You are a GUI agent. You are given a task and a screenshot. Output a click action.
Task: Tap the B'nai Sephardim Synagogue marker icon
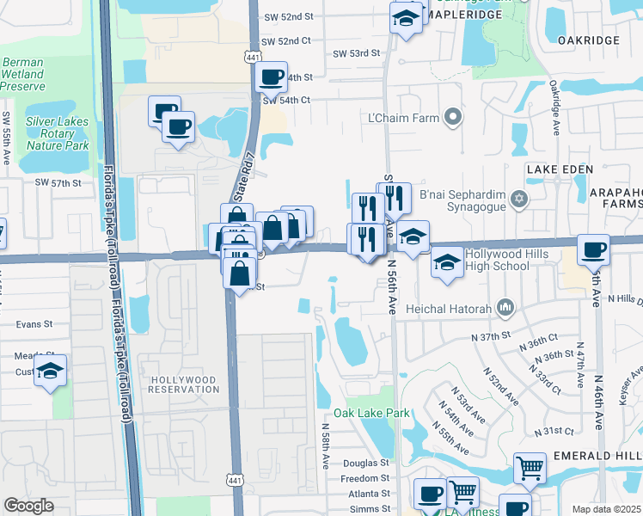517,200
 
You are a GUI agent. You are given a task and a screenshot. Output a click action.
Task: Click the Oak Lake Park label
377,414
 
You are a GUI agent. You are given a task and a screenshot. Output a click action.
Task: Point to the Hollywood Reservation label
184,384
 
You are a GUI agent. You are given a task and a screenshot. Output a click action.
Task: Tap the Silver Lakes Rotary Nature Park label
58,133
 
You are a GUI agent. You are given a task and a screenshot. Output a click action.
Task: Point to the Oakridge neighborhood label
588,40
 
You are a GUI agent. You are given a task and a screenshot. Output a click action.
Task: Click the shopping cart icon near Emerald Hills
530,469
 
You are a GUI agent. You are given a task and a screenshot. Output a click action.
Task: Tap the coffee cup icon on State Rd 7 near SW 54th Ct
272,77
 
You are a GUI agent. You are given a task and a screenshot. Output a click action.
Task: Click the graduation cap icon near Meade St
51,372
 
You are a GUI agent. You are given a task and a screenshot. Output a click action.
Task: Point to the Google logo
28,506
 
